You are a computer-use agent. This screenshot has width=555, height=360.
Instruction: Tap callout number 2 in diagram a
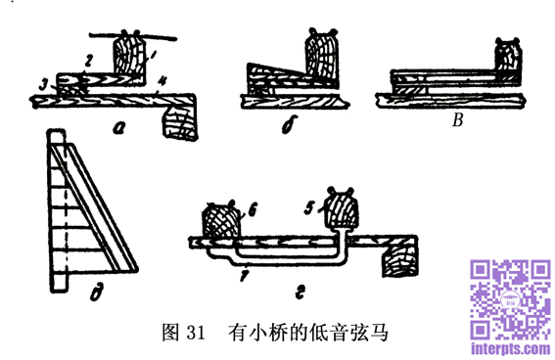[88, 61]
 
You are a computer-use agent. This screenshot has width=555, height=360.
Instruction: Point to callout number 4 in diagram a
[162, 81]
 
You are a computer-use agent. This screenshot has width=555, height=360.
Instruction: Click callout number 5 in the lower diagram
[309, 208]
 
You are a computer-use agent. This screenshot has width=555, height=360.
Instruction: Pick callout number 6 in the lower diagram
[252, 209]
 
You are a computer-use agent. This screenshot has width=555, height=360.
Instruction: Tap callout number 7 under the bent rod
[244, 275]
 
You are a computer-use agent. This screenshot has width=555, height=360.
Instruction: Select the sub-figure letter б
[289, 124]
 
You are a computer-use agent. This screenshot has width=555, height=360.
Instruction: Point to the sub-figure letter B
[457, 120]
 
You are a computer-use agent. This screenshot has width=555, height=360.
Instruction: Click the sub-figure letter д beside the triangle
[96, 293]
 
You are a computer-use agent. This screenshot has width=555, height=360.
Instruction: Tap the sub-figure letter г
[300, 292]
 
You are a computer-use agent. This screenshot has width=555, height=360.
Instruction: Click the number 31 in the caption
[195, 333]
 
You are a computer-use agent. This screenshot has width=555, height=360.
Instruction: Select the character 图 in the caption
[170, 333]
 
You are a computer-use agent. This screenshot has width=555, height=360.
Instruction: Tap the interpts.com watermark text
[511, 348]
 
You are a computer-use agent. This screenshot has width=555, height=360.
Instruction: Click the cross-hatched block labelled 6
[220, 222]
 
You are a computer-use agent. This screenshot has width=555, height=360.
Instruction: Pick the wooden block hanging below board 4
[180, 122]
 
